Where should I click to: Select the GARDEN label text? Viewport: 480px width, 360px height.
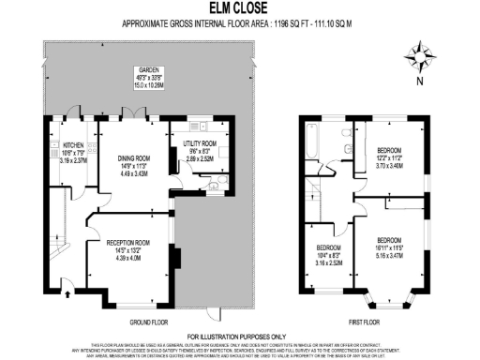[x=148, y=70]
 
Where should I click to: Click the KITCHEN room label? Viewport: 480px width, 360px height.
[x=73, y=146]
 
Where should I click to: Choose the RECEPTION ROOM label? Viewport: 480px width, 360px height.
[x=132, y=243]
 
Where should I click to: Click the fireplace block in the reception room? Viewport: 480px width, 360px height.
[x=172, y=257]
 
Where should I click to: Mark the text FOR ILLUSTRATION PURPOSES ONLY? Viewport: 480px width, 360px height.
[x=239, y=336]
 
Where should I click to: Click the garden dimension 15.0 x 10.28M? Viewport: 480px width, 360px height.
[x=148, y=83]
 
